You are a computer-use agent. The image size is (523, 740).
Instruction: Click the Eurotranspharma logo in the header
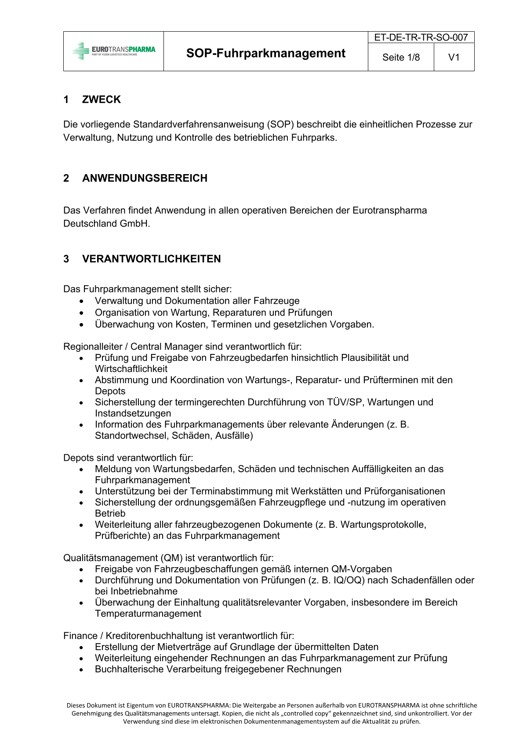[114, 51]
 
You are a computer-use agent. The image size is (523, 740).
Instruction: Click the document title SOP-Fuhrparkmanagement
[265, 53]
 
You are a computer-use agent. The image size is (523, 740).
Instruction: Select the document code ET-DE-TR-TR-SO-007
[421, 37]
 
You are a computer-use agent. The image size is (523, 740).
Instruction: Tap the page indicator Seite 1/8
[401, 57]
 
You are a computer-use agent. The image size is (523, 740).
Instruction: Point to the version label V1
[454, 57]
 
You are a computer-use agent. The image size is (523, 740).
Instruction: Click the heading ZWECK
[101, 99]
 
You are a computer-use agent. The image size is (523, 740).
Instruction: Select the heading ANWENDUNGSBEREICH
[145, 178]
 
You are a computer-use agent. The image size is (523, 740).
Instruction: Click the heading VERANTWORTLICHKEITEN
[151, 259]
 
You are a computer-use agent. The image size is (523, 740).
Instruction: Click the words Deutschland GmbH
[106, 223]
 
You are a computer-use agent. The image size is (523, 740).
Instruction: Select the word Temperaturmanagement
[148, 613]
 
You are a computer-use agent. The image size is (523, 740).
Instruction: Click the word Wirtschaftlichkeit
[131, 369]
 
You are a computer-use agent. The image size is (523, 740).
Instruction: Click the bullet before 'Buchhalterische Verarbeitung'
[81, 670]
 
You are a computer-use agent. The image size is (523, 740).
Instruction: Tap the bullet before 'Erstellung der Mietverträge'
[81, 647]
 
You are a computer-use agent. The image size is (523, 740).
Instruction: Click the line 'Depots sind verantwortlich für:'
[128, 458]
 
